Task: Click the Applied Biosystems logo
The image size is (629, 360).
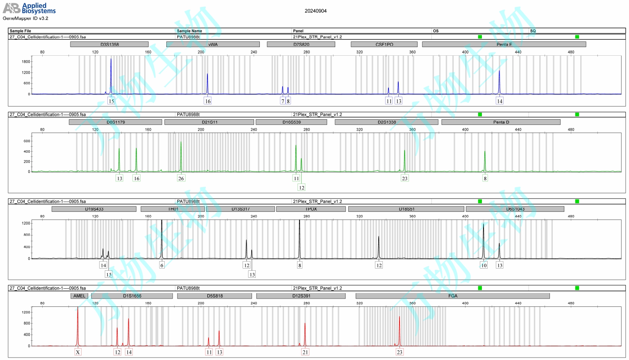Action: click(x=29, y=8)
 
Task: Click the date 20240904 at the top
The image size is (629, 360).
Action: click(x=316, y=11)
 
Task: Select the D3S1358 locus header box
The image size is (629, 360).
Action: click(x=109, y=44)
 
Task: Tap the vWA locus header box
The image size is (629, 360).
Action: click(x=213, y=44)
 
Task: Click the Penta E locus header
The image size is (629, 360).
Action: click(x=504, y=44)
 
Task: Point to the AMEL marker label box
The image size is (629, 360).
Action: click(x=79, y=296)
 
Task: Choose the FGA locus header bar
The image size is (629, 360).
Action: click(x=452, y=296)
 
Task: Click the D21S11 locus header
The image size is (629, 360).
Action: click(x=209, y=122)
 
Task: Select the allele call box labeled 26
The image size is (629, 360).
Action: click(x=181, y=178)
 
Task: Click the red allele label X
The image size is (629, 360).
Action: click(x=78, y=352)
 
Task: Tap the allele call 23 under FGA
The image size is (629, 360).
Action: click(x=400, y=352)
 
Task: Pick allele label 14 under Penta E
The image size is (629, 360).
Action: click(x=500, y=101)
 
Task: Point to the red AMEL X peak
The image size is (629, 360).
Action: click(x=77, y=324)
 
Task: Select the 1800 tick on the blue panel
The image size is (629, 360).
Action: click(x=26, y=62)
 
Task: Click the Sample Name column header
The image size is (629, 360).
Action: click(x=189, y=31)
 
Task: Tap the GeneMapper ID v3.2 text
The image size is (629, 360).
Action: click(x=25, y=18)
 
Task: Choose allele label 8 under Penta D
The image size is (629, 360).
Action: click(x=485, y=178)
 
